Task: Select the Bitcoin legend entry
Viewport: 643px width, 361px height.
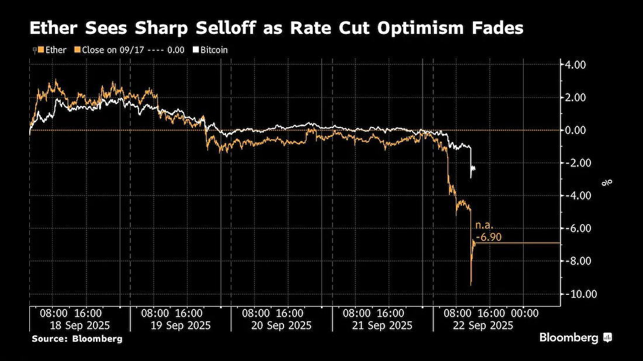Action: point(210,50)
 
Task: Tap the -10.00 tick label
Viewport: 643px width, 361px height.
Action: point(579,294)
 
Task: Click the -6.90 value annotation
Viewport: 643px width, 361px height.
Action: point(489,237)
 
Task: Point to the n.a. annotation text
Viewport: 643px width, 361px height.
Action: point(485,225)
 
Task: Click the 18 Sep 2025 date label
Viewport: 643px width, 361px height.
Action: point(80,326)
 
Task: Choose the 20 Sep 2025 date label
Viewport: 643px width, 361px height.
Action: point(281,326)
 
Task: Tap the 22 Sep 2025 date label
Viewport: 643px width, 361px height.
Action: point(483,326)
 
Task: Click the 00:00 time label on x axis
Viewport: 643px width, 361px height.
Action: point(526,314)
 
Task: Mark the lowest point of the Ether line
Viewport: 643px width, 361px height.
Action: point(471,285)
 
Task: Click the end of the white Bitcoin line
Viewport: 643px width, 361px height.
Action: point(475,168)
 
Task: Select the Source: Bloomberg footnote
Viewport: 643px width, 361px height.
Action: point(77,339)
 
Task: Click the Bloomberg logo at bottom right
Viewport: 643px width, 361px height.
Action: point(576,338)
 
